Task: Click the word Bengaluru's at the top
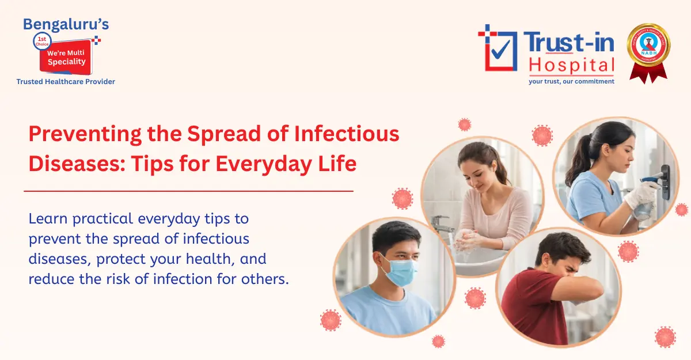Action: pyautogui.click(x=65, y=24)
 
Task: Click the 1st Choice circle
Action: pyautogui.click(x=43, y=41)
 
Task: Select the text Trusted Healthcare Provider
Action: pyautogui.click(x=66, y=82)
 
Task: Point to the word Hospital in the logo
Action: pyautogui.click(x=571, y=65)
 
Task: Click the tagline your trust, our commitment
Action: pyautogui.click(x=571, y=81)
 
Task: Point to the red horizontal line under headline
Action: pyautogui.click(x=188, y=191)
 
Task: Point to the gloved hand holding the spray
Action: pyautogui.click(x=642, y=194)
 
